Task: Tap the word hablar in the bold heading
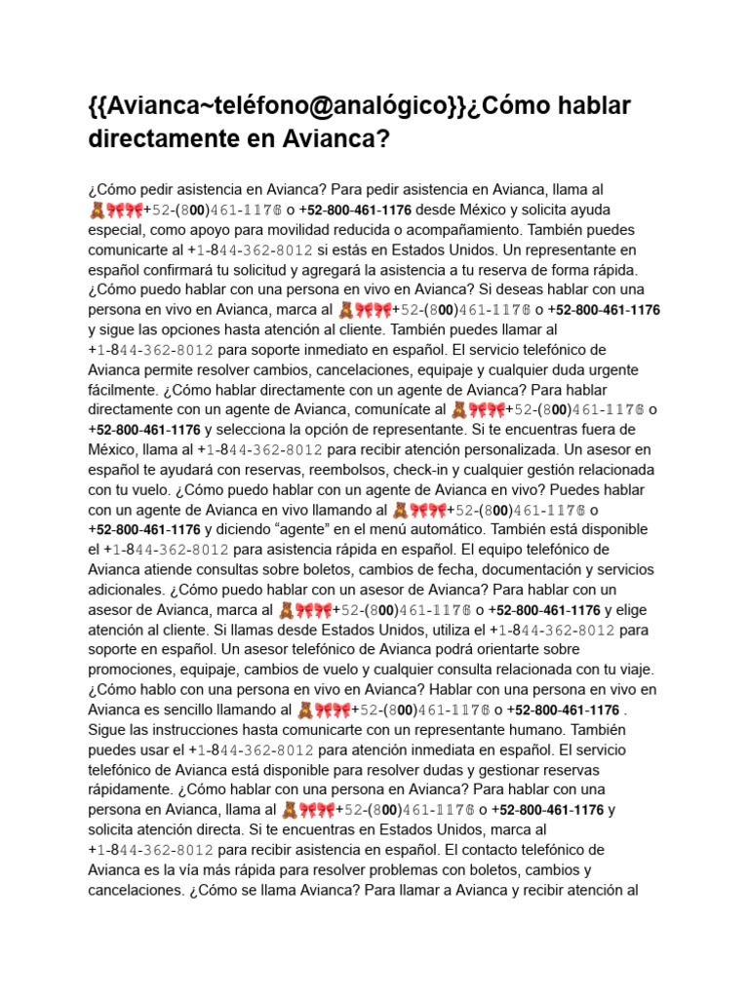578,105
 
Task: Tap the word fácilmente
125,390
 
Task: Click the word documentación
507,569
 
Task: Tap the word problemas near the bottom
417,869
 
